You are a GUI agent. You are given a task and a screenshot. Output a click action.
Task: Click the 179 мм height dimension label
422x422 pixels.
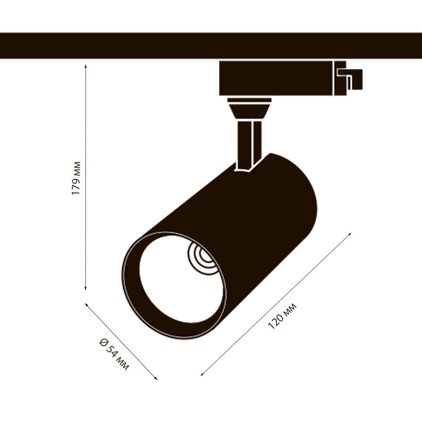[76, 178]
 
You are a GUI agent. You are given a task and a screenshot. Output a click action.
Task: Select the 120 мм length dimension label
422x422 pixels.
[282, 316]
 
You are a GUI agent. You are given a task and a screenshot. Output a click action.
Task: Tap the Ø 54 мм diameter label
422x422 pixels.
[114, 354]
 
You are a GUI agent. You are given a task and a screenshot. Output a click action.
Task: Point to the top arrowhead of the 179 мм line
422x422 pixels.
[86, 66]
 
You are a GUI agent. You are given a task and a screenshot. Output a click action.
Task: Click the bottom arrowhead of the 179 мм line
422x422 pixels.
[86, 289]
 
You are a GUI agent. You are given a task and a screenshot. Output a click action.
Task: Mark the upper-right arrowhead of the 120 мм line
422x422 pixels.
[350, 234]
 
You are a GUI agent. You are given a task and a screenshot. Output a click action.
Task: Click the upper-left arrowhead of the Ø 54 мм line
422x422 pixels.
[87, 305]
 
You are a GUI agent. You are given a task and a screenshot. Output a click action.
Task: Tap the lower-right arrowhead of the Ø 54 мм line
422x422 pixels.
[155, 378]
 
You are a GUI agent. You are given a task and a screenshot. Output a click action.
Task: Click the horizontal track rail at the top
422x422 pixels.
[211, 45]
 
